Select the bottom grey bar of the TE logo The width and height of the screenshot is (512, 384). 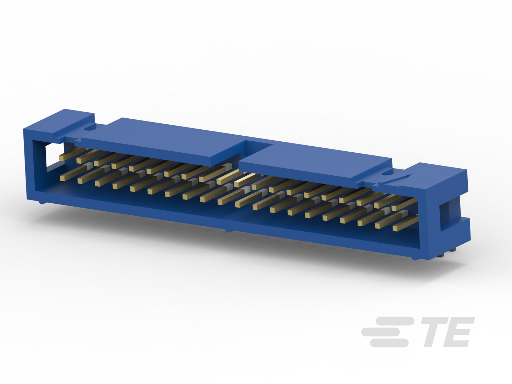(x=389, y=343)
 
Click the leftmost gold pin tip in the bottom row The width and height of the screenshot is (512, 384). (x=62, y=178)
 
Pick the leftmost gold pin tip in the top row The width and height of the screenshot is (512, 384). (x=61, y=158)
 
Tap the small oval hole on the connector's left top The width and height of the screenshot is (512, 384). (x=90, y=128)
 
